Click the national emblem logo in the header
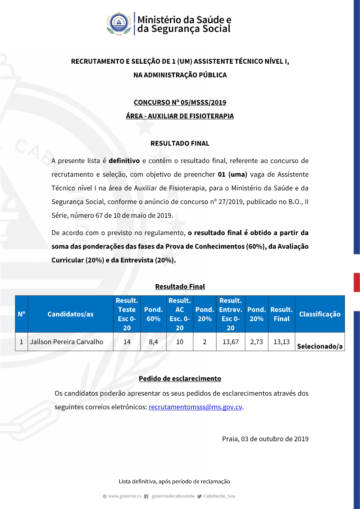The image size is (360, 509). tap(119, 23)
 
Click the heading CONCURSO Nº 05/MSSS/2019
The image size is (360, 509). tap(180, 103)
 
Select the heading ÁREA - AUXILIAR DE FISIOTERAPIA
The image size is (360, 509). tap(180, 116)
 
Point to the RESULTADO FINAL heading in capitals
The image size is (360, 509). tap(180, 144)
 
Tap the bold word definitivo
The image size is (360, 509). tap(124, 161)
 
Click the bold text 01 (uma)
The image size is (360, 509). tap(233, 175)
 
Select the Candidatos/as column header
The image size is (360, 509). tap(71, 314)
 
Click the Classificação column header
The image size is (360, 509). tap(320, 314)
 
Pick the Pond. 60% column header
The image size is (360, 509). tap(153, 314)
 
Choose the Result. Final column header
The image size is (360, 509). tap(282, 314)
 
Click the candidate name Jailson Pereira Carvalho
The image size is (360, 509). tap(67, 342)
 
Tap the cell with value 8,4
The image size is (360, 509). tap(153, 342)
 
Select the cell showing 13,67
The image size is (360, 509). tap(231, 342)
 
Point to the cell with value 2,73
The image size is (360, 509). tap(257, 342)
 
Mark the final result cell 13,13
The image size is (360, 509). tap(282, 342)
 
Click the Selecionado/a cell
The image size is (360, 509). tap(320, 346)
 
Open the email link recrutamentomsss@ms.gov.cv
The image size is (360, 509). tap(195, 407)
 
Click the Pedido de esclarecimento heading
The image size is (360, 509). tap(180, 379)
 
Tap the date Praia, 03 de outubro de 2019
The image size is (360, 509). tap(265, 439)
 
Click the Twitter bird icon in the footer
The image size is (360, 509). tap(199, 496)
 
